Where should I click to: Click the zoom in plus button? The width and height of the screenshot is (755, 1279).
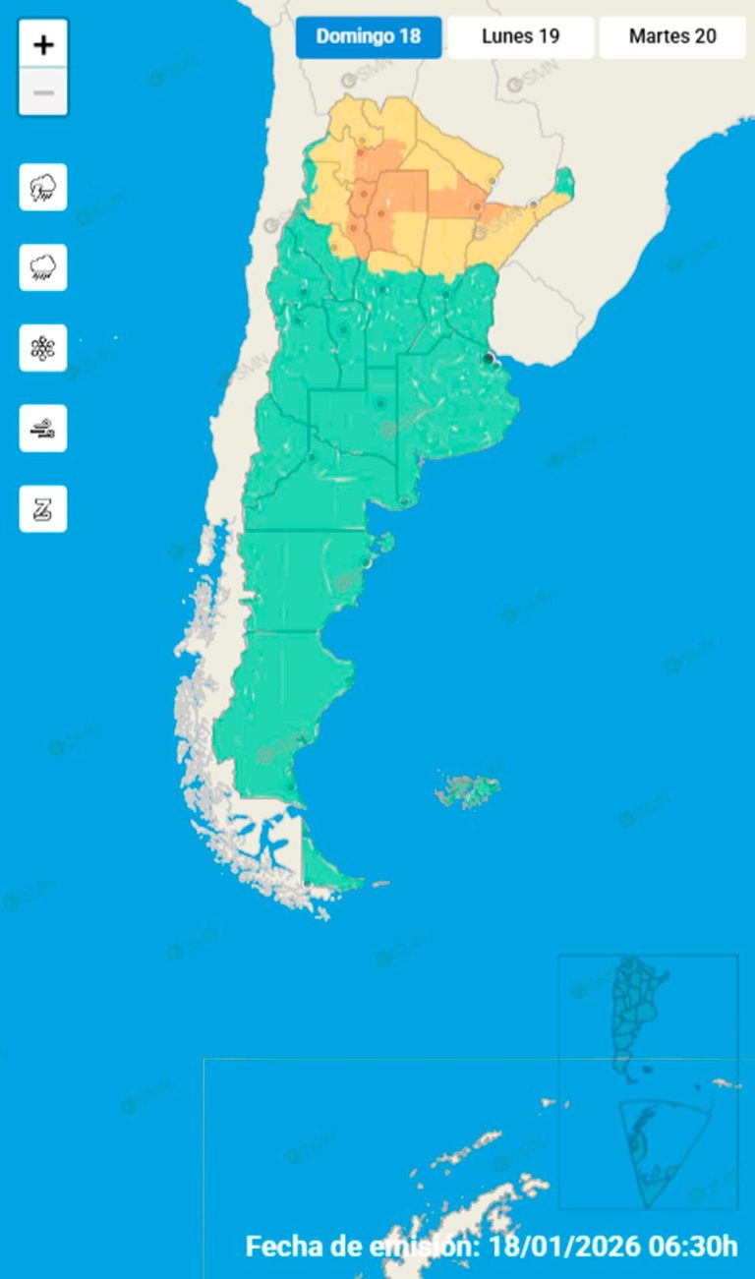click(x=43, y=44)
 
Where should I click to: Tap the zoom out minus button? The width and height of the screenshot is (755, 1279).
click(x=43, y=92)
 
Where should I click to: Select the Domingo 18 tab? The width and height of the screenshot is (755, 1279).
click(x=369, y=37)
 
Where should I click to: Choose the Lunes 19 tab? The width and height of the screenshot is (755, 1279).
click(x=521, y=37)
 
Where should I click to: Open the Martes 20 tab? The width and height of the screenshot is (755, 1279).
click(x=672, y=37)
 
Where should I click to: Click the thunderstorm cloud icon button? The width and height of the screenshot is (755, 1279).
click(x=43, y=187)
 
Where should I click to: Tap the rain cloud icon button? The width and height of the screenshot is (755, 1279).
click(x=43, y=267)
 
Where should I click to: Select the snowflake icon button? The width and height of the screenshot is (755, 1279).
click(x=43, y=348)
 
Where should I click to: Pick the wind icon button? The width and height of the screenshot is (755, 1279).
click(x=43, y=428)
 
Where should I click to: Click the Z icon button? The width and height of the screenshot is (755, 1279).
click(x=43, y=508)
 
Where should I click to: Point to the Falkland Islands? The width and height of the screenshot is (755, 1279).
click(x=469, y=788)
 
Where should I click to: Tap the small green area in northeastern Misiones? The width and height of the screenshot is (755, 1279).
click(x=564, y=181)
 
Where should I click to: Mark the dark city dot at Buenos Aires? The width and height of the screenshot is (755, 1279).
click(x=489, y=360)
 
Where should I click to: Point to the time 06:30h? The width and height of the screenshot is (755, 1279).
click(x=693, y=1247)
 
